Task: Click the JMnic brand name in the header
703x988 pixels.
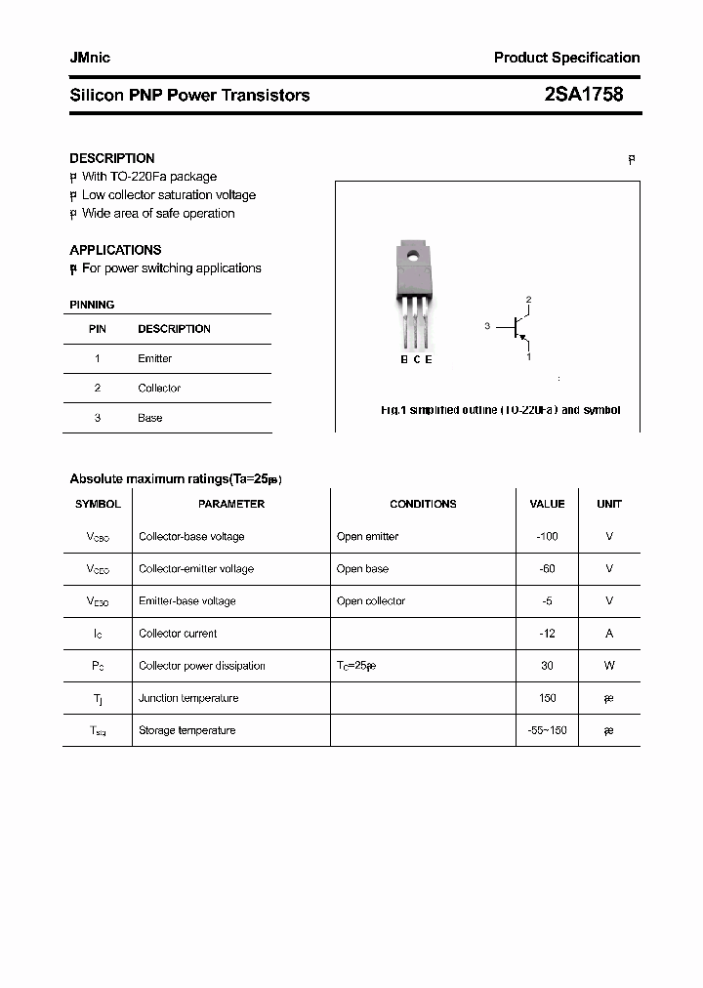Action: click(90, 59)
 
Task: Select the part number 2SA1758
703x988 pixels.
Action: click(583, 95)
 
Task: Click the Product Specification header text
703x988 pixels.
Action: click(566, 59)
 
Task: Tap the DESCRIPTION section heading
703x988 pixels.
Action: click(111, 158)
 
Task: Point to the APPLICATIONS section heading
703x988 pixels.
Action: click(115, 250)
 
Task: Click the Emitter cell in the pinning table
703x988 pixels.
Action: click(154, 358)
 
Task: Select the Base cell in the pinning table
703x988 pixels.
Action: click(149, 418)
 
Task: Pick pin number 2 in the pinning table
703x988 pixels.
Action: click(98, 389)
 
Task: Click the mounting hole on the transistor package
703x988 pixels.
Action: click(413, 259)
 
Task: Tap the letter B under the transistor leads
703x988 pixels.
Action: click(404, 359)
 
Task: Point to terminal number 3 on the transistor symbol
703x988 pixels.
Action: click(486, 326)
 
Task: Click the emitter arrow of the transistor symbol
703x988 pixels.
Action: click(524, 339)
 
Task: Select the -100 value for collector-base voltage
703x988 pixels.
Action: click(547, 537)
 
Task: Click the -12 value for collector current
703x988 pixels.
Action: click(547, 634)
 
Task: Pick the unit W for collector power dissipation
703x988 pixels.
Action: click(609, 666)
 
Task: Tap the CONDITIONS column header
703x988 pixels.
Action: click(423, 505)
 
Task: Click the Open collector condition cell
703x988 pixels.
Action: click(371, 601)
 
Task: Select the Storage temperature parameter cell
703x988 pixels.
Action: click(186, 730)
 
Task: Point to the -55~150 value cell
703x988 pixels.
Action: click(547, 730)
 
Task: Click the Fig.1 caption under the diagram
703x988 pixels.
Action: click(500, 410)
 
